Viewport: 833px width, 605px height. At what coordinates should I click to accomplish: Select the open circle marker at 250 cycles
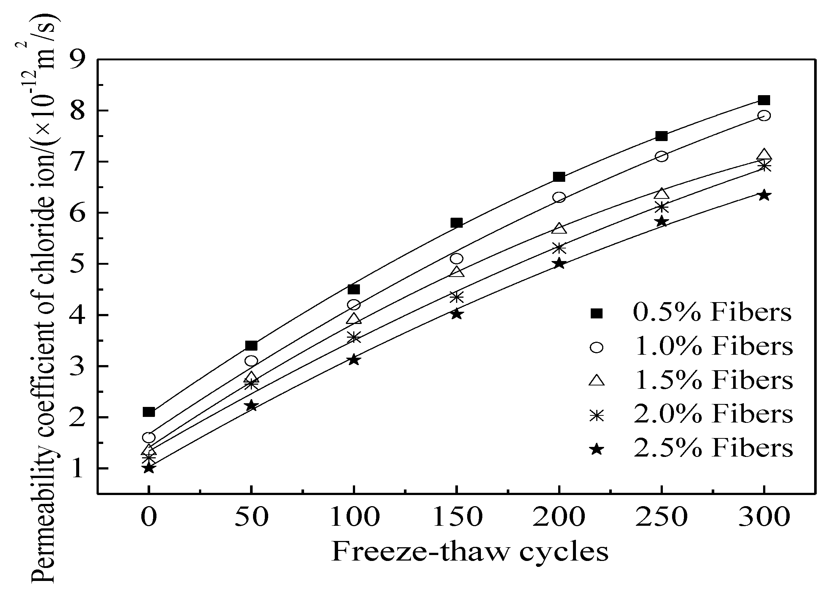[x=661, y=156]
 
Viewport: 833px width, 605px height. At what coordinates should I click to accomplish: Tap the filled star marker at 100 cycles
[x=354, y=360]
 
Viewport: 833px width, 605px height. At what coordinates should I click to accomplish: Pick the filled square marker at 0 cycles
[x=149, y=412]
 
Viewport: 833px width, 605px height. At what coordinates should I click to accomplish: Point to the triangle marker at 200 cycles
[x=559, y=228]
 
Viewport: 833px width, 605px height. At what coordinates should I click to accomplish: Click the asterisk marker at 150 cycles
[x=456, y=297]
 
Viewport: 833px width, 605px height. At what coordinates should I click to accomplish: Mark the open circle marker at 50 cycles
[x=252, y=361]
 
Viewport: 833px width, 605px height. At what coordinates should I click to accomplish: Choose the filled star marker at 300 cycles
[x=764, y=195]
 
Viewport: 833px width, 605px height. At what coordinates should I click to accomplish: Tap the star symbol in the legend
[x=597, y=449]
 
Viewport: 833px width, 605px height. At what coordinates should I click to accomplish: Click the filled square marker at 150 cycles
[x=456, y=223]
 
